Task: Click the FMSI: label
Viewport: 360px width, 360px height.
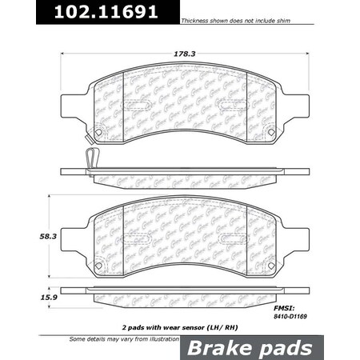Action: pos(285,307)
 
